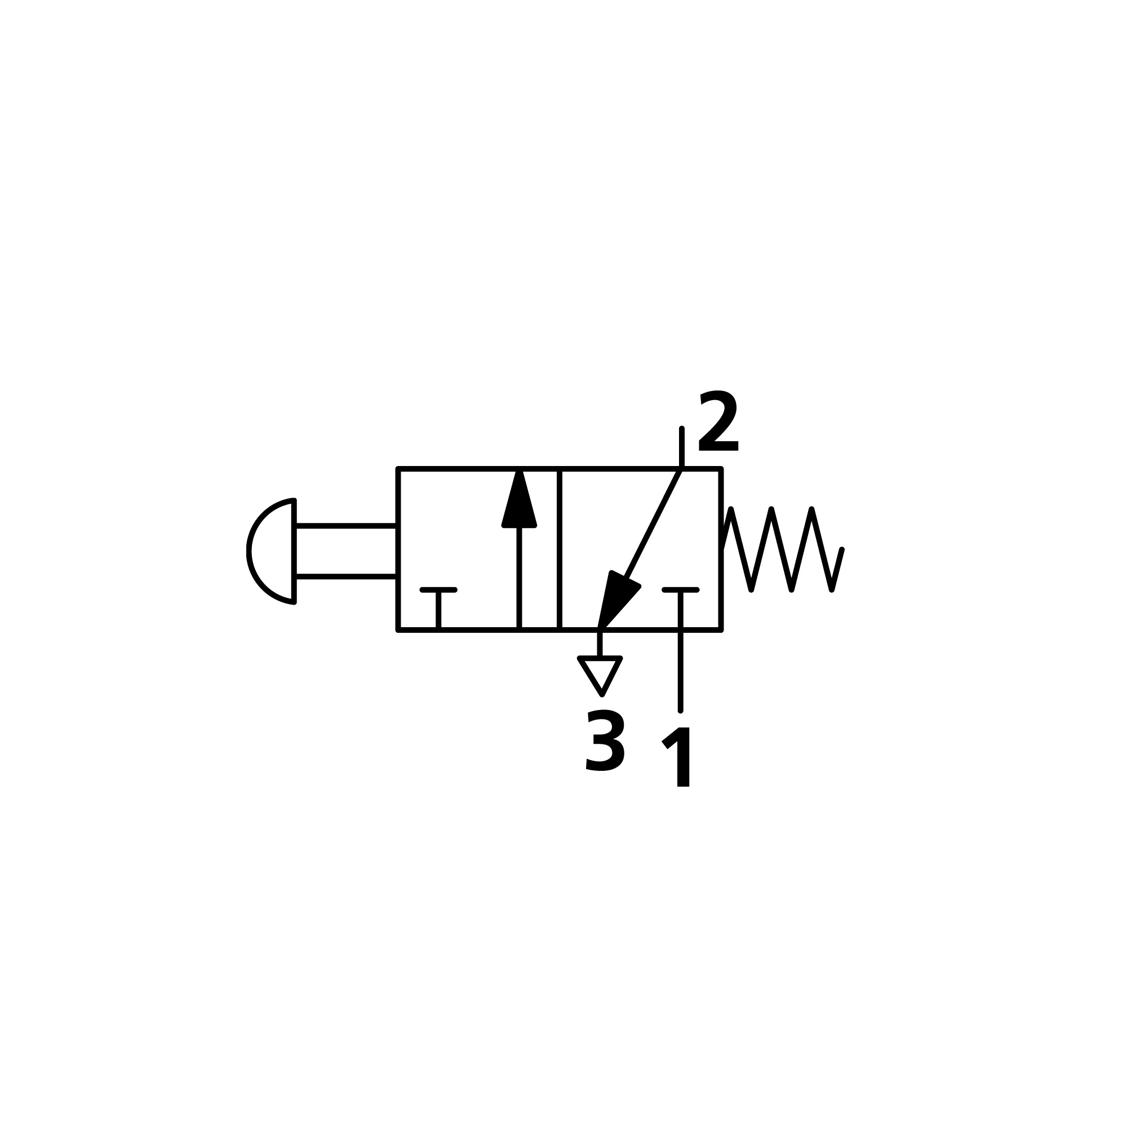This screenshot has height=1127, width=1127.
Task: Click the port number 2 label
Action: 718,421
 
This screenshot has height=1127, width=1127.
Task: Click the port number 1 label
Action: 678,757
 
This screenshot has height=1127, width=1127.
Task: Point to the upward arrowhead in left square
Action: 518,502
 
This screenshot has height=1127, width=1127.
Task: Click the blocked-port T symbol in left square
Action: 438,591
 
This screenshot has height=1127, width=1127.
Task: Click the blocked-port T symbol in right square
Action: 680,591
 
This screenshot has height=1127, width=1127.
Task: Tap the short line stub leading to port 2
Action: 681,448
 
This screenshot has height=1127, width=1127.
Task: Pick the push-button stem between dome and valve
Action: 346,551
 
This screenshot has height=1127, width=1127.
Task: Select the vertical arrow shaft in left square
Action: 518,578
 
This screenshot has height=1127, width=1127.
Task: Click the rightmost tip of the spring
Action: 841,549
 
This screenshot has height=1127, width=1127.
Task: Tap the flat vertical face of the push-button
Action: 295,551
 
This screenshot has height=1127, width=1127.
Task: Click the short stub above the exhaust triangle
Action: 600,644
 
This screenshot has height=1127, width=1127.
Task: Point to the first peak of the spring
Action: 731,510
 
